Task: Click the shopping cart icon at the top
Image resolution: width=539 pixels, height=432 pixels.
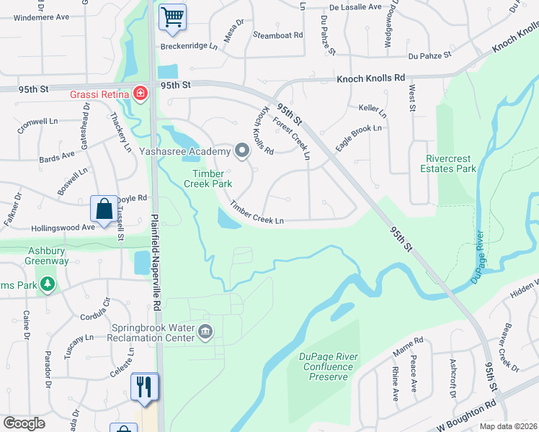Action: click(172, 17)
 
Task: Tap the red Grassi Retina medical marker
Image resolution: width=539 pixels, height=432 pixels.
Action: click(140, 94)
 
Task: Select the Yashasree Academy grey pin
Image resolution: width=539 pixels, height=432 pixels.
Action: click(242, 150)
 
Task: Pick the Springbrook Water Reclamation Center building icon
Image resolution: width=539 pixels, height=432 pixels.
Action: click(205, 332)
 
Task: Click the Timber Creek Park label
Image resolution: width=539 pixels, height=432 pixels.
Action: click(213, 179)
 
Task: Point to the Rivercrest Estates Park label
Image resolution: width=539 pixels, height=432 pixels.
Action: click(451, 164)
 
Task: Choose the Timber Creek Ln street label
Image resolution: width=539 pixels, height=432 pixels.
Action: click(257, 212)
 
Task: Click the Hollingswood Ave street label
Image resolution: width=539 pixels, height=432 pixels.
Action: click(63, 228)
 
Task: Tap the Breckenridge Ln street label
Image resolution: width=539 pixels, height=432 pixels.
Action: click(189, 46)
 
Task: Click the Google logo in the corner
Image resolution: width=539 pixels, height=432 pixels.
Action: click(24, 423)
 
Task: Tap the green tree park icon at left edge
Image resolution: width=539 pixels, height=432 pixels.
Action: click(48, 284)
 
